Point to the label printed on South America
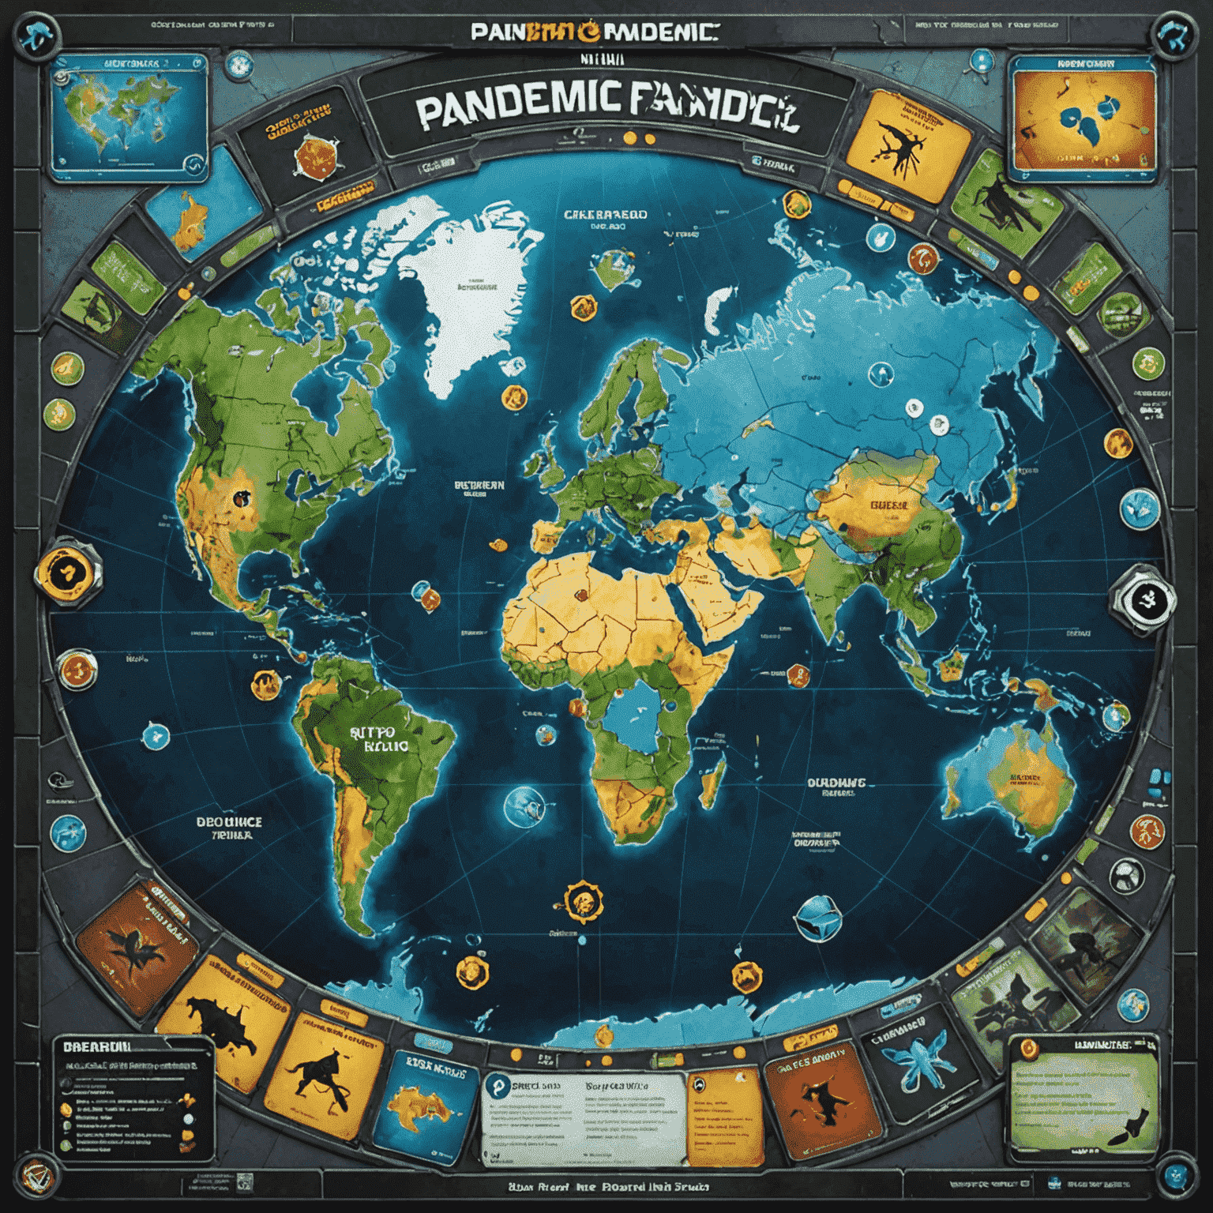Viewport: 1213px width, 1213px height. [377, 738]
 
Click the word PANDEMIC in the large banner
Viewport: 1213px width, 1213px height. [517, 115]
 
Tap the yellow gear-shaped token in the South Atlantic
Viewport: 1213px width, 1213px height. [584, 901]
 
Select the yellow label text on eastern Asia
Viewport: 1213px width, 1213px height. [888, 505]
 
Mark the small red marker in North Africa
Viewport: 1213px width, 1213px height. [581, 596]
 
